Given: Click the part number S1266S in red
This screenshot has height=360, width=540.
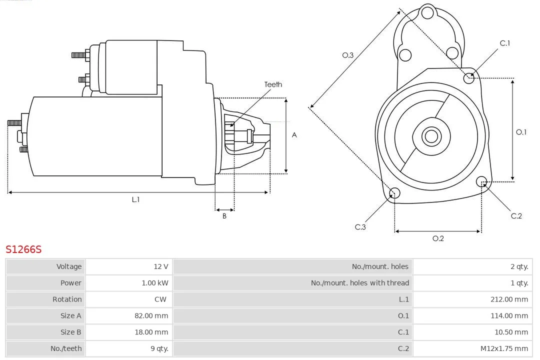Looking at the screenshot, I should (x=23, y=249).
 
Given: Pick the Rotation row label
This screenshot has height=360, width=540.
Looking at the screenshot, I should (x=67, y=299).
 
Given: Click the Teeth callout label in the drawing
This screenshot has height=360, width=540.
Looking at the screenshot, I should (x=273, y=84).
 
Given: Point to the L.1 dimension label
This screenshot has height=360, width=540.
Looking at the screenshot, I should (x=135, y=199).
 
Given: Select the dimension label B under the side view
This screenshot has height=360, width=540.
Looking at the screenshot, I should (x=224, y=216).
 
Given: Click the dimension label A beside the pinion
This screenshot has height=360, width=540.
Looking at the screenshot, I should (x=294, y=135).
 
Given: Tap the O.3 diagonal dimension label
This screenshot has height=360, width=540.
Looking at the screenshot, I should (x=348, y=55).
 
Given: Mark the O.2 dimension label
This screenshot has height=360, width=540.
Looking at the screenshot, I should (x=438, y=238).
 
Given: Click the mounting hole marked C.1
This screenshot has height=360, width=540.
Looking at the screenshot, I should (x=469, y=77).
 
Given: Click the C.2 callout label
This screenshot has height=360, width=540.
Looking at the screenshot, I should (x=516, y=216).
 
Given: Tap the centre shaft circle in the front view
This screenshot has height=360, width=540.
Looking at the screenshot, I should (x=431, y=136).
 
